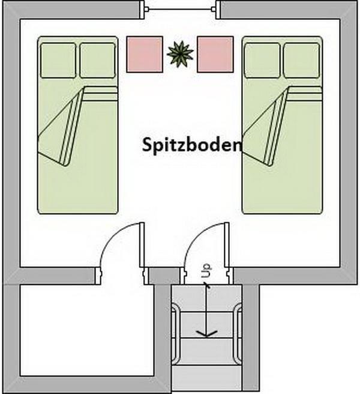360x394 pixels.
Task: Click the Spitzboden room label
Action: pyautogui.click(x=191, y=145)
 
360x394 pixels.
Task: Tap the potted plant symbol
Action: pyautogui.click(x=180, y=55)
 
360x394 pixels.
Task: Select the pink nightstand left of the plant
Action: pyautogui.click(x=144, y=54)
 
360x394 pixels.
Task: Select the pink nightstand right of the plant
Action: pyautogui.click(x=215, y=54)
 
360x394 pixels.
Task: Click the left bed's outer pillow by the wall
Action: pyautogui.click(x=58, y=60)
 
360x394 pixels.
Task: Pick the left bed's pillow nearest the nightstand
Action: pyautogui.click(x=97, y=60)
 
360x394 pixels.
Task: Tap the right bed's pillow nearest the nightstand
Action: pyautogui.click(x=262, y=60)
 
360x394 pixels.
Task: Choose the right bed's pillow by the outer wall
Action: pyautogui.click(x=301, y=60)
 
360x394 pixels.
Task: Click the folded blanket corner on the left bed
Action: pyautogui.click(x=60, y=126)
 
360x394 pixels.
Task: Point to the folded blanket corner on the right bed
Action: pyautogui.click(x=264, y=126)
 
